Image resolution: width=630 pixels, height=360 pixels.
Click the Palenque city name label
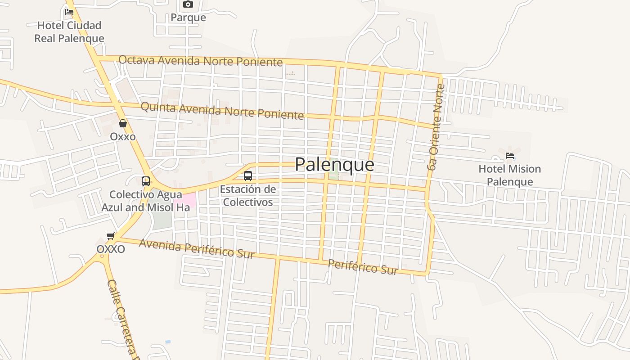pyautogui.click(x=334, y=165)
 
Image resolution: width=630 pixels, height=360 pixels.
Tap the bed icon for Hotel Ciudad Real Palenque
pyautogui.click(x=69, y=12)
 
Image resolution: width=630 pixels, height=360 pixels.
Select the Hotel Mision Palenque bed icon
pyautogui.click(x=510, y=156)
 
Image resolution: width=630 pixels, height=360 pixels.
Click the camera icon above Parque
pyautogui.click(x=188, y=4)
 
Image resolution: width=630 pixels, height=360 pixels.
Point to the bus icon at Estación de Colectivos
pyautogui.click(x=248, y=176)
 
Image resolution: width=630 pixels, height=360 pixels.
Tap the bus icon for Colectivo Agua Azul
pyautogui.click(x=146, y=181)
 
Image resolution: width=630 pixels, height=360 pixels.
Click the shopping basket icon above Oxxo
pyautogui.click(x=123, y=123)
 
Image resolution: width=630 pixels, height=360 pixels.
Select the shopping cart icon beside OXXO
pyautogui.click(x=111, y=236)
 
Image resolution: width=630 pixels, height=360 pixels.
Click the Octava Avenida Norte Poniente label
pyautogui.click(x=201, y=61)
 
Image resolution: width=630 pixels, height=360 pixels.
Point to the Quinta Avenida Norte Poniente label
pyautogui.click(x=222, y=111)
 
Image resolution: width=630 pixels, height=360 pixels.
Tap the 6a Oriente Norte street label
pyautogui.click(x=436, y=127)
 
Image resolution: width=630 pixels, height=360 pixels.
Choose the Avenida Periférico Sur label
pyautogui.click(x=197, y=248)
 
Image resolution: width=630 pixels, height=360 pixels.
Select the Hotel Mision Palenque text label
pyautogui.click(x=509, y=175)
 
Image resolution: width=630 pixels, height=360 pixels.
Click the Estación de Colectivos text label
pyautogui.click(x=248, y=196)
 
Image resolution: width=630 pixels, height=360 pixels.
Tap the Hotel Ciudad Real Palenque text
pyautogui.click(x=69, y=32)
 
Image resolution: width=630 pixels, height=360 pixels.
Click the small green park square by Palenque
pyautogui.click(x=333, y=175)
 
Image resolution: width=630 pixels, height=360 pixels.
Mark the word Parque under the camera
pyautogui.click(x=188, y=18)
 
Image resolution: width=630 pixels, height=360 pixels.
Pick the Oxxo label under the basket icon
pyautogui.click(x=123, y=136)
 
